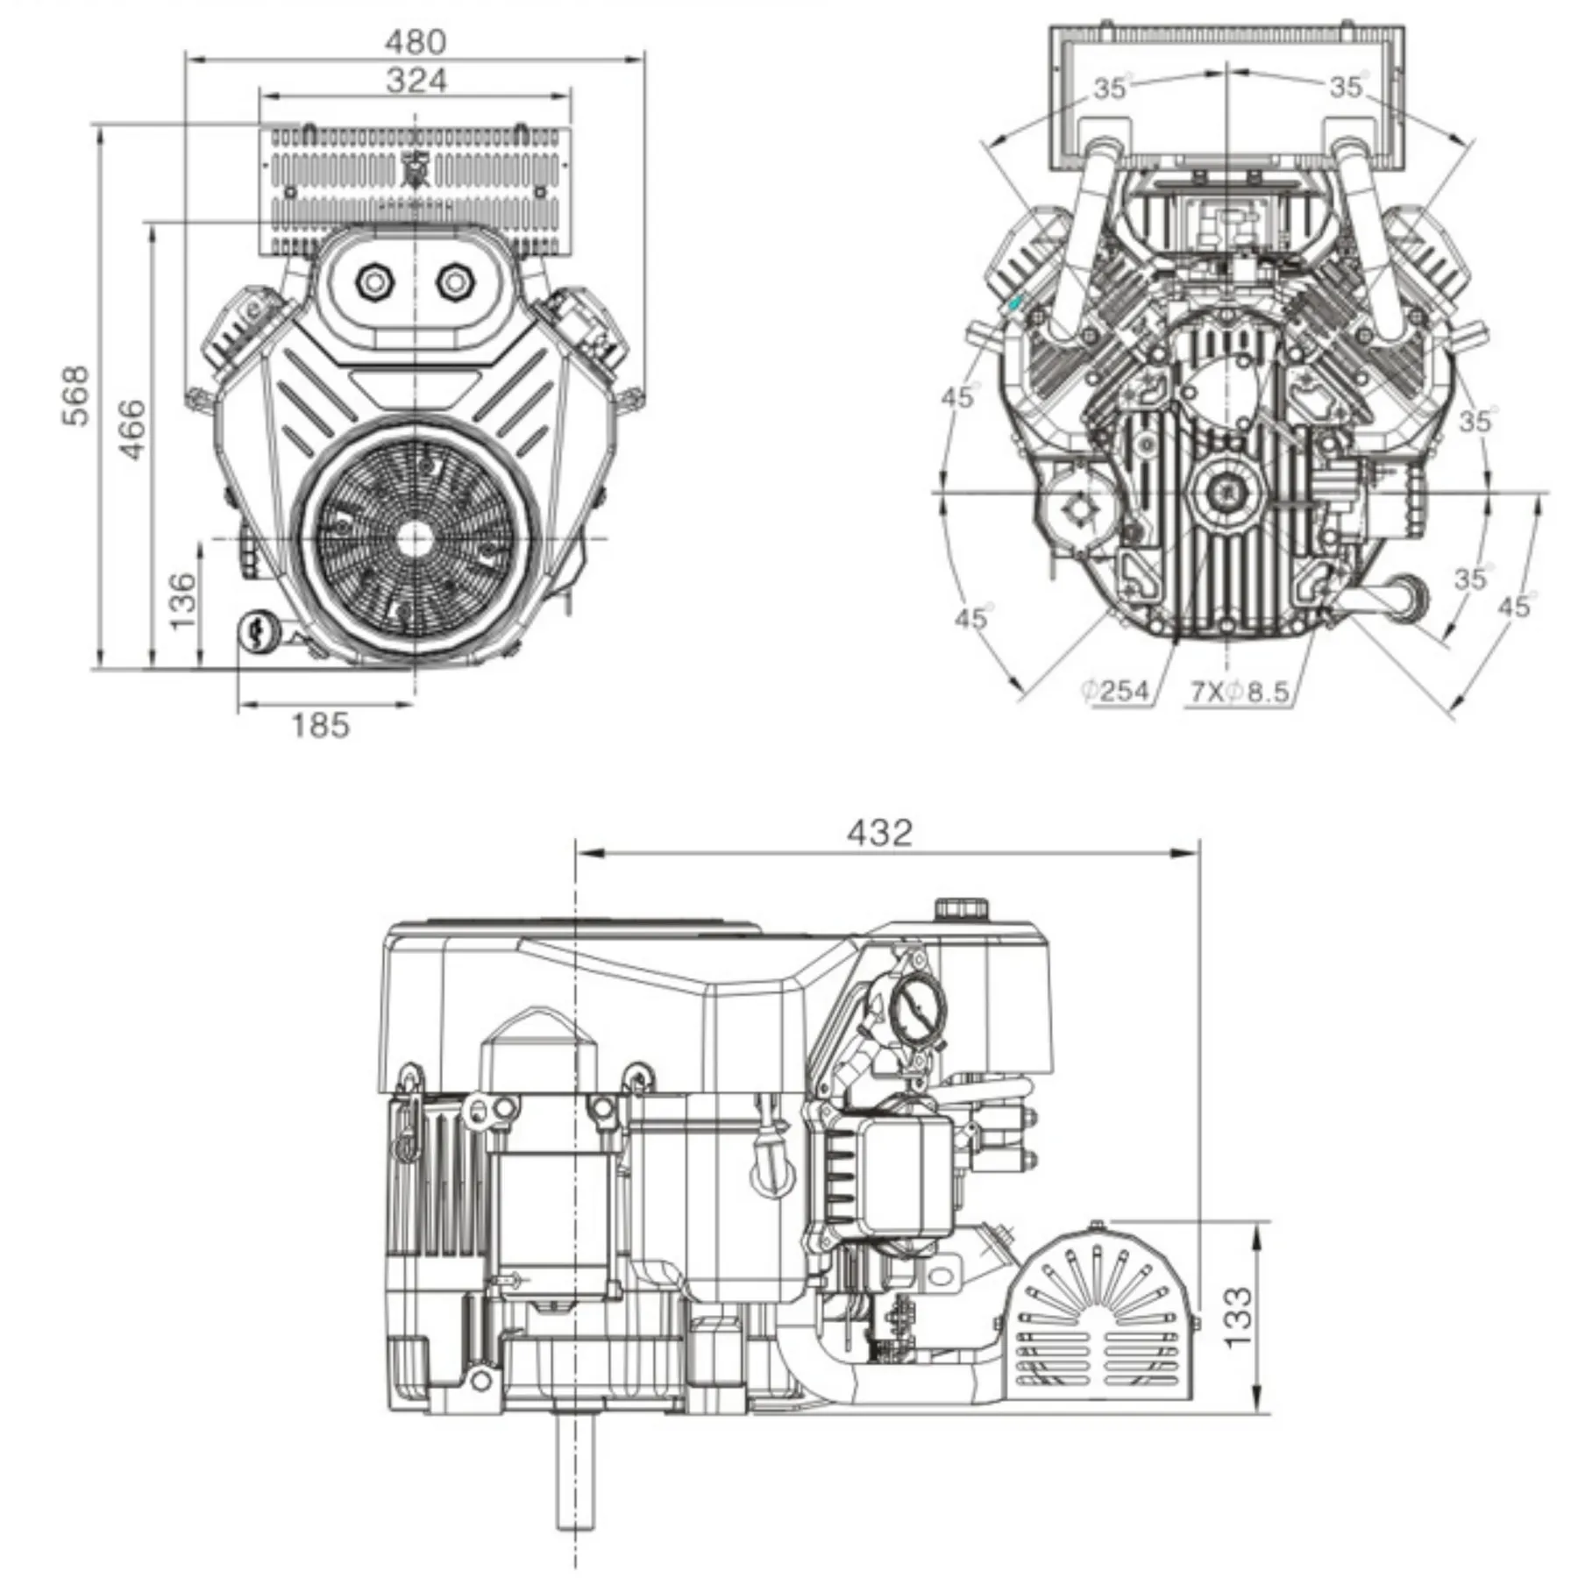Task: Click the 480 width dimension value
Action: tap(416, 41)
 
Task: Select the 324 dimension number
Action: tap(416, 81)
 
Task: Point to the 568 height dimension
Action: tap(76, 396)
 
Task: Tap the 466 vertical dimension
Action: tap(132, 429)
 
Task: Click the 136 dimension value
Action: tap(182, 601)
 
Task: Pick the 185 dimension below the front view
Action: tap(320, 726)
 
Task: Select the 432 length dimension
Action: tap(879, 832)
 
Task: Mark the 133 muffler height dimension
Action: tap(1237, 1318)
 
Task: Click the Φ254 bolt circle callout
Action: tap(1115, 692)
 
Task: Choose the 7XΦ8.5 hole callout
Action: tap(1239, 693)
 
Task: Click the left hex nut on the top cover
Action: tap(375, 282)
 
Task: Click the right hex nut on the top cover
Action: tap(454, 282)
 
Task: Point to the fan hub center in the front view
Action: tap(415, 538)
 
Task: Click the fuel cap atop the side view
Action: tap(961, 908)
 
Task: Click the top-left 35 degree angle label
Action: tap(1109, 88)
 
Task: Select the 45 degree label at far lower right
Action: tap(1514, 607)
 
